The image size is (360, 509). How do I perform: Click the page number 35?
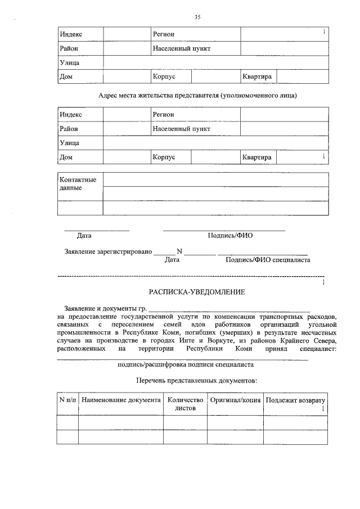(x=197, y=17)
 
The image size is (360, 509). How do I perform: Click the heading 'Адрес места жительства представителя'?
(x=197, y=96)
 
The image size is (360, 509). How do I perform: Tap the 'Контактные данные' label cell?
(x=78, y=183)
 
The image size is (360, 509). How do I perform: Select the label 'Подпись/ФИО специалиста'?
(x=267, y=260)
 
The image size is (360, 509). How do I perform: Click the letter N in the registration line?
(x=179, y=251)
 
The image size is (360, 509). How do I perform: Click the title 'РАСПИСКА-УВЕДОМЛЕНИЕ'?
(x=197, y=292)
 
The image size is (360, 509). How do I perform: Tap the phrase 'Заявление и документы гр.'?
(x=105, y=309)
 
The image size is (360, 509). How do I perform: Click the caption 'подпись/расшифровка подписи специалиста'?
(x=186, y=364)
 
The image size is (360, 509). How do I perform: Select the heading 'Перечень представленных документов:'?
(x=196, y=381)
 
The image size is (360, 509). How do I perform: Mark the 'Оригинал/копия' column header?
(x=235, y=400)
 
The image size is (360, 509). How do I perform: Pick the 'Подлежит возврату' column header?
(x=295, y=400)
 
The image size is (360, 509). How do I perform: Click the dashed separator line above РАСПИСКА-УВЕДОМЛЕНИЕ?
(x=191, y=277)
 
